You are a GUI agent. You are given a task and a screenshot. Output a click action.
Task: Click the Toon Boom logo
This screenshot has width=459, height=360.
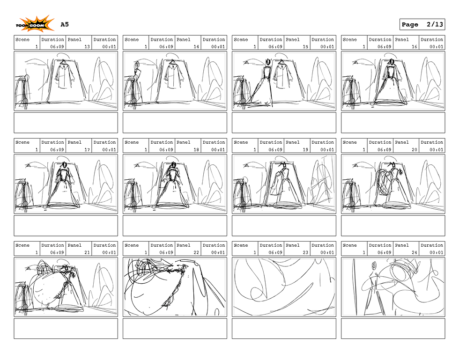point(35,24)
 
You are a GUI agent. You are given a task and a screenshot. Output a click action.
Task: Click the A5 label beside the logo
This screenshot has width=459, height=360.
point(65,24)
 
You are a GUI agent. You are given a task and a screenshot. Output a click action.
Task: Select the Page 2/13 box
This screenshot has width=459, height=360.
point(422,24)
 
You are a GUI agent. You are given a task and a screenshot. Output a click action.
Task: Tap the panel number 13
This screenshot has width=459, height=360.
point(87,47)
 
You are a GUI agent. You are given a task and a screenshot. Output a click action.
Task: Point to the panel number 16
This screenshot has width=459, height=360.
point(414,47)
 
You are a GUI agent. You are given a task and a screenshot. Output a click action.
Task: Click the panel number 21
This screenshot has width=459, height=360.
point(87,253)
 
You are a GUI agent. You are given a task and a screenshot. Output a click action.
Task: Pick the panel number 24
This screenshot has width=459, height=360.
point(414,253)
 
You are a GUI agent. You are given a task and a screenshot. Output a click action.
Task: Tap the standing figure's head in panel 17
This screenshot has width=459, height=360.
point(64,165)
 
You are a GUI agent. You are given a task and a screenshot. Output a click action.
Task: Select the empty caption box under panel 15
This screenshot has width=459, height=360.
point(284,123)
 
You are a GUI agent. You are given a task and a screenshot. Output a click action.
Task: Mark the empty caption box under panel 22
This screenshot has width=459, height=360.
point(175,329)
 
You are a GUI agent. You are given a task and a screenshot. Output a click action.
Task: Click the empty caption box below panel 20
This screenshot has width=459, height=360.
point(393,226)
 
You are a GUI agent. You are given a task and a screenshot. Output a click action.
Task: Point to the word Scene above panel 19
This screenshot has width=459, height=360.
point(241,142)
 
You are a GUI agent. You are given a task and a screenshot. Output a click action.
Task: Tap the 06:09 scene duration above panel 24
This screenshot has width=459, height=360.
point(384,253)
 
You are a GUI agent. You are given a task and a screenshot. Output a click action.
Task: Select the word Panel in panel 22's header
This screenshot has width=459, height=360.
point(184,245)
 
